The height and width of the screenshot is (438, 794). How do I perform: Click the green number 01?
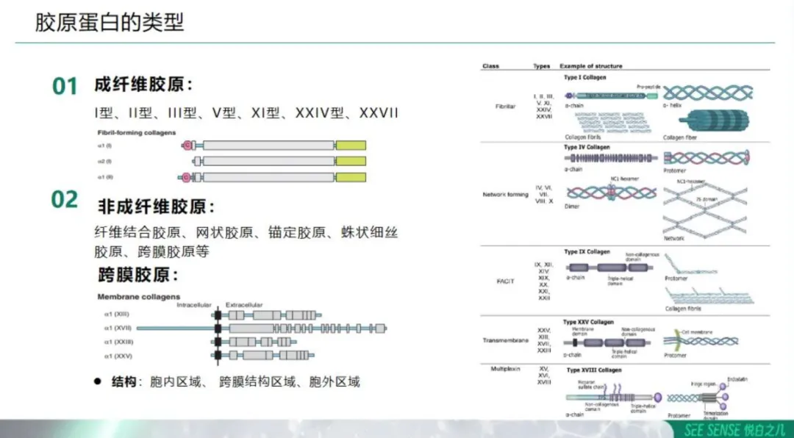[65, 86]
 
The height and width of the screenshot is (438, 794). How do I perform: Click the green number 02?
[65, 199]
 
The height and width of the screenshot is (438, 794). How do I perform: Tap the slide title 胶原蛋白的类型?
[110, 22]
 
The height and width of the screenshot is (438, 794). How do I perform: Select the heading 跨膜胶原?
[138, 276]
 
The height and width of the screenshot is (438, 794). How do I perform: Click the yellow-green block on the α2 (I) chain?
[351, 161]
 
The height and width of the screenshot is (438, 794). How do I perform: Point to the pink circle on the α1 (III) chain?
[186, 177]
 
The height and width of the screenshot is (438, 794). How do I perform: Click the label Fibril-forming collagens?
[136, 133]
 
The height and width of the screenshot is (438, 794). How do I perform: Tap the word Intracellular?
[194, 304]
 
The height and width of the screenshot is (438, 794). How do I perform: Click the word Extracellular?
[244, 304]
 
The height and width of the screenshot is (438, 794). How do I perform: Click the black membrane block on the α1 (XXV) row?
[218, 356]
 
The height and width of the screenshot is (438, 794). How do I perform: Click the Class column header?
[490, 66]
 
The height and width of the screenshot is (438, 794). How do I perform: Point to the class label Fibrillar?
[505, 106]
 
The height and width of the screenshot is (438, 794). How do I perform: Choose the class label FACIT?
[505, 281]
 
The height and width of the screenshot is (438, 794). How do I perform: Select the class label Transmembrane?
[505, 340]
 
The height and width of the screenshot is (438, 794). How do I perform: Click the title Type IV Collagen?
[587, 148]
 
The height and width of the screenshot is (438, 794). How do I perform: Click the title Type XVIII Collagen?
[593, 370]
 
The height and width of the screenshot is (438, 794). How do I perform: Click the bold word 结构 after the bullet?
[124, 382]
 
